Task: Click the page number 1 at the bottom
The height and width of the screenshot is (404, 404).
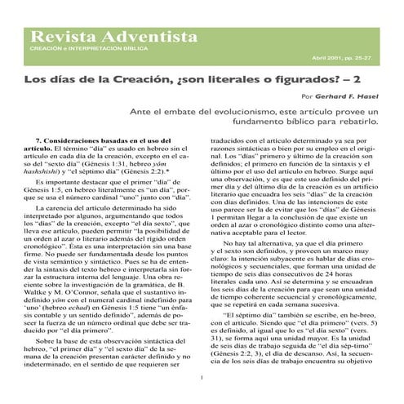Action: [202, 377]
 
